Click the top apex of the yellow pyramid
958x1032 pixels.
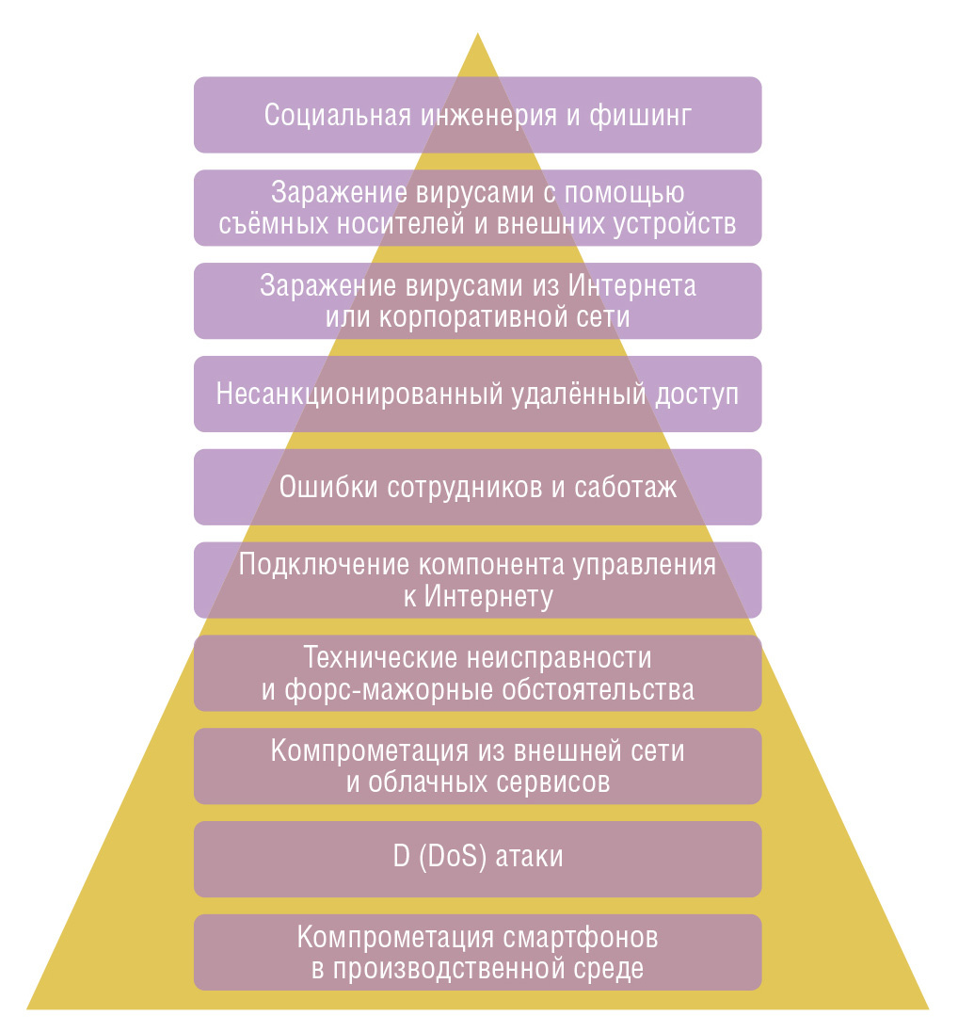[478, 35]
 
